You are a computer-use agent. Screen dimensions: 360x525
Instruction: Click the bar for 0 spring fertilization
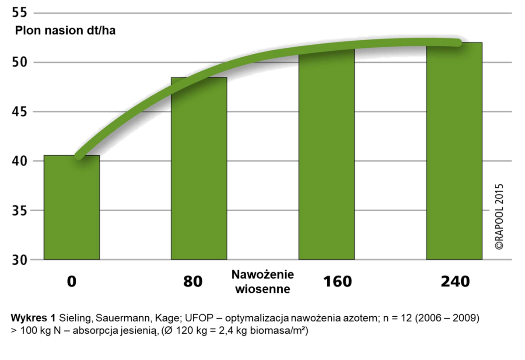(x=72, y=207)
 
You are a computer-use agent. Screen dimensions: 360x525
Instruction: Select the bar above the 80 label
(x=199, y=168)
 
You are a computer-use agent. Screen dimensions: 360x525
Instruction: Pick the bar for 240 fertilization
(x=454, y=151)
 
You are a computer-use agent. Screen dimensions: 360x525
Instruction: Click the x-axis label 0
(x=72, y=282)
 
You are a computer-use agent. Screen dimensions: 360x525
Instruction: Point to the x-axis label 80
(x=193, y=282)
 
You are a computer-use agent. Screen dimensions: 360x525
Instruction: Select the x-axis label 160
(x=337, y=282)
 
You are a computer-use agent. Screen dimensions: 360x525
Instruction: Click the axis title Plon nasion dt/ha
(x=66, y=31)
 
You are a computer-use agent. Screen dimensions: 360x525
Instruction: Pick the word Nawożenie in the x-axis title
(x=262, y=275)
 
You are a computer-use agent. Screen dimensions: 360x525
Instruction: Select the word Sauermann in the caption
(x=112, y=317)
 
